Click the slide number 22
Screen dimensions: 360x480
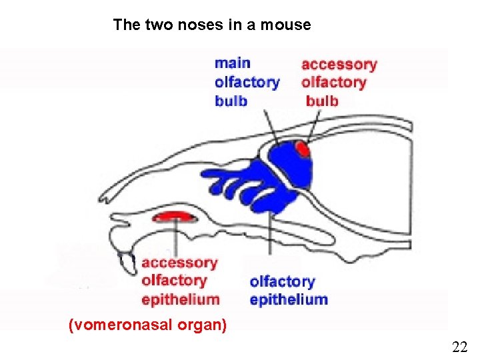(x=459, y=347)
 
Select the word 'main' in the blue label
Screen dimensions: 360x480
(x=233, y=63)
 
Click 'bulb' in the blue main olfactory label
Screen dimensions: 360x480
(x=231, y=101)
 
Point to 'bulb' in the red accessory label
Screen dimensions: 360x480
(x=322, y=101)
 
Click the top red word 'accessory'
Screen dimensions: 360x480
(x=339, y=65)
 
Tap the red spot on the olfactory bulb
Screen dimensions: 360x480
(x=303, y=149)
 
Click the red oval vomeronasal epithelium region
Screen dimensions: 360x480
(x=173, y=215)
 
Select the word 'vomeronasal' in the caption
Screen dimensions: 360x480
(x=129, y=325)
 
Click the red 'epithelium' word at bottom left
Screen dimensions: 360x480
(x=180, y=299)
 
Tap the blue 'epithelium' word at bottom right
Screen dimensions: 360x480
(x=289, y=300)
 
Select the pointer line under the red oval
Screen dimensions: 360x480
(x=176, y=237)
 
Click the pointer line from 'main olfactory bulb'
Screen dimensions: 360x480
(x=270, y=127)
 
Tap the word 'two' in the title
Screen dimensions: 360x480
(x=146, y=25)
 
